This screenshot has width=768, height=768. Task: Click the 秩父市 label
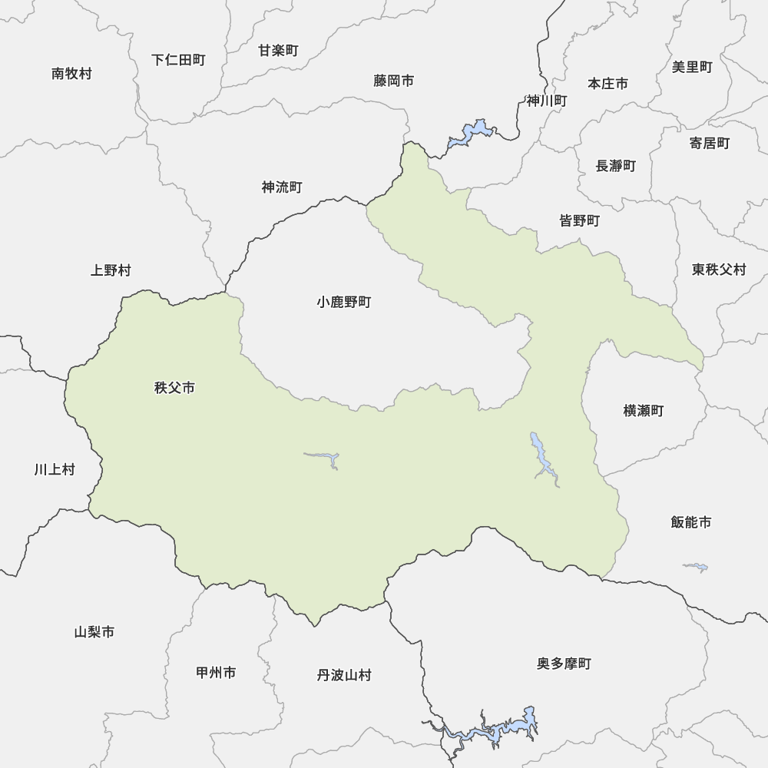pos(174,388)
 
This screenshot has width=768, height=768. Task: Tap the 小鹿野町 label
pos(343,303)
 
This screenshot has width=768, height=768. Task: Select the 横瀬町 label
pos(643,411)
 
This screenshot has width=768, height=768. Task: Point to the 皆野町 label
pos(579,221)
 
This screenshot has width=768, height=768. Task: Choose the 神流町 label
pos(282,187)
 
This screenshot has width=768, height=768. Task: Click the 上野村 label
pos(111,270)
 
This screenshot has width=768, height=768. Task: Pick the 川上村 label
pos(55,469)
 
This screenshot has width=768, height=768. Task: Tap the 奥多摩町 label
pos(564,664)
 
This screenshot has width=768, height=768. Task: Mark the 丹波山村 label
pos(343,676)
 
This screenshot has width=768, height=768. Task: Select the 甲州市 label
pos(216,673)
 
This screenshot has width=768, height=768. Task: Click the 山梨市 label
pos(94,632)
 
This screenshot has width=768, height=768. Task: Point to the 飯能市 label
pos(690,522)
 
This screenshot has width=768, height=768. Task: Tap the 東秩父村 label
pos(718,270)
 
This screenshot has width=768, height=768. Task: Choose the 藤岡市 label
pos(394,81)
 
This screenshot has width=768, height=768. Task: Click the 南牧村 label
pos(71,74)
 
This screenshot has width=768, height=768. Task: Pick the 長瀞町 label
pos(615,166)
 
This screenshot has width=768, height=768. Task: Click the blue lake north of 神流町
pos(470,134)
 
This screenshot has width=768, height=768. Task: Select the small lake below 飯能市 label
pos(696,568)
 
